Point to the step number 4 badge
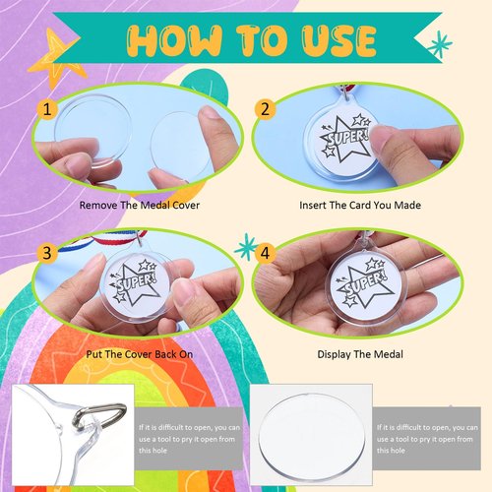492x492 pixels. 265,253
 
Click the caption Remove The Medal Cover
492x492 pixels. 135,208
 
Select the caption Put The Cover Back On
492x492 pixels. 135,353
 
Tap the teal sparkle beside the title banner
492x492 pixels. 441,43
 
